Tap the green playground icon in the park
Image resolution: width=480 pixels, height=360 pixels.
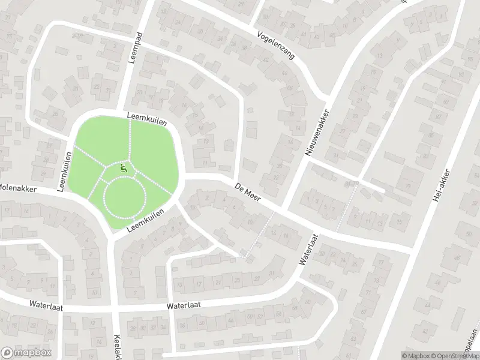pos(124,168)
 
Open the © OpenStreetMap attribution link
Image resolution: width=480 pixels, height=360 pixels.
pos(454,355)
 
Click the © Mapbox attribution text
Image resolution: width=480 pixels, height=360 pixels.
pos(415,355)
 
